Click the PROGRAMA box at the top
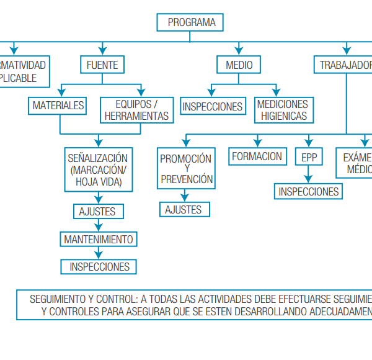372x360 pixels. (x=192, y=22)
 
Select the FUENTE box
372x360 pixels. (x=102, y=65)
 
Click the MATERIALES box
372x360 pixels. (x=58, y=106)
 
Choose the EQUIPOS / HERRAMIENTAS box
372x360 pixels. (x=136, y=110)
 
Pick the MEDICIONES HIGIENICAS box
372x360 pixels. (x=283, y=110)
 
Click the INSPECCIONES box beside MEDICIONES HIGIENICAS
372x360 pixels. (x=213, y=107)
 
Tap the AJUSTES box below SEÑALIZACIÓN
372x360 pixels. (x=97, y=212)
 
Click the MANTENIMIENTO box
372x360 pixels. (x=98, y=239)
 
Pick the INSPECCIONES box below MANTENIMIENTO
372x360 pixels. (x=99, y=267)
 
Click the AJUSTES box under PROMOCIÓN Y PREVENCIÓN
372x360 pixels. (x=184, y=210)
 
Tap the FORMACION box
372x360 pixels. (x=257, y=156)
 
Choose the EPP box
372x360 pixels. (x=309, y=158)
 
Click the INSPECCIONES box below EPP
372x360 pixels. (x=309, y=191)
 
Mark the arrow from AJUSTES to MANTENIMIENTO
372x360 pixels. (x=97, y=225)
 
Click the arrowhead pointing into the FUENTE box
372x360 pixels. (x=102, y=52)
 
